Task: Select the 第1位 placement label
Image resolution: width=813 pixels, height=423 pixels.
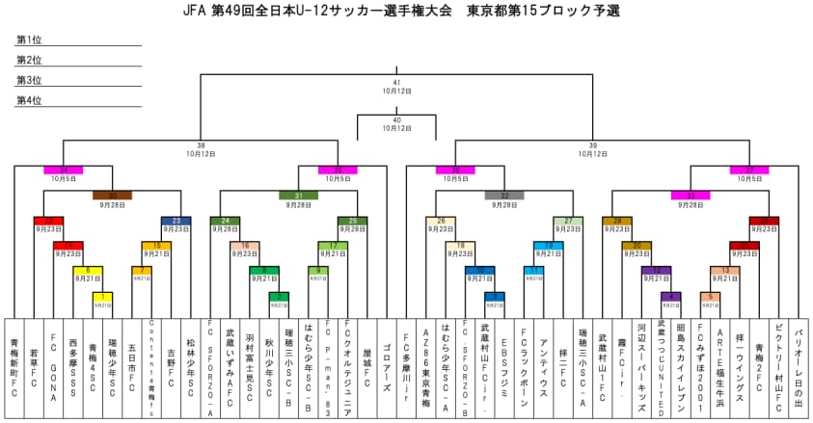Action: (x=29, y=40)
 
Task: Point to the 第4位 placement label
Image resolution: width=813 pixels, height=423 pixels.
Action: (x=29, y=100)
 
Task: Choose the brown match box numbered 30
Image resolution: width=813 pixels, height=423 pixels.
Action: (x=112, y=195)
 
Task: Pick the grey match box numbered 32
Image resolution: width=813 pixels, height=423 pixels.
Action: (x=504, y=195)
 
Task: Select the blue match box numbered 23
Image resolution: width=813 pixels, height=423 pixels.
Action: (x=176, y=221)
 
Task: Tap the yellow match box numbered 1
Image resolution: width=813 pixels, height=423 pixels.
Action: (x=102, y=296)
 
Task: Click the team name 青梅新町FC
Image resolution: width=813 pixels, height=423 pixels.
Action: (x=14, y=367)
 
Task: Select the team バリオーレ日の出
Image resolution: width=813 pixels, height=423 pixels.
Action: (x=799, y=367)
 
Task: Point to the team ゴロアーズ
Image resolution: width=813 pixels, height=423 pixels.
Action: (x=387, y=367)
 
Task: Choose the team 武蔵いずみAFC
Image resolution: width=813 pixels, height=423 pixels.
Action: (x=230, y=367)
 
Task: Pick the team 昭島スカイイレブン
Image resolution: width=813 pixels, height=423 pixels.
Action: (x=681, y=367)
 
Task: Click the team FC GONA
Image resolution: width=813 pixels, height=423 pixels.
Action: (x=53, y=367)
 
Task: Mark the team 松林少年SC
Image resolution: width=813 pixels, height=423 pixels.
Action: (x=190, y=367)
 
